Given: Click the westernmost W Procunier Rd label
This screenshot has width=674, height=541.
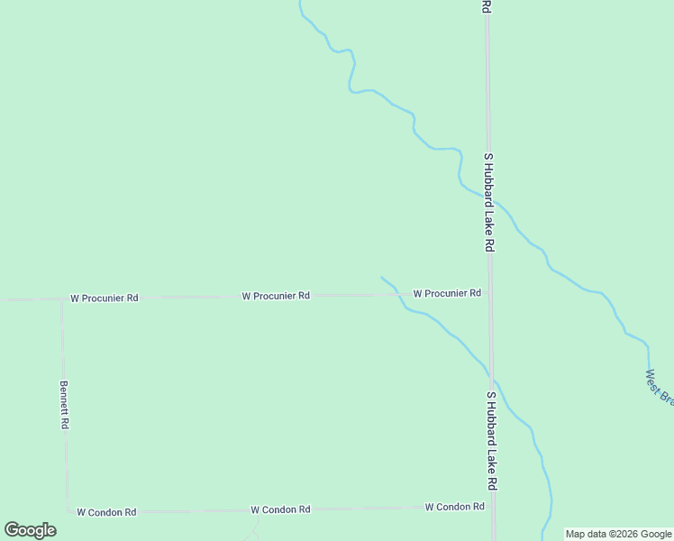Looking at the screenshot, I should click(x=105, y=298).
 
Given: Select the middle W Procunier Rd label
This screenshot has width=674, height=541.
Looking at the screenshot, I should click(x=276, y=296).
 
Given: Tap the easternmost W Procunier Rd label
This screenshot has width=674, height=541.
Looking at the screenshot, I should click(x=447, y=293).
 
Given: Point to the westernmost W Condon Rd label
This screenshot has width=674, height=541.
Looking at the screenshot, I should click(x=106, y=512).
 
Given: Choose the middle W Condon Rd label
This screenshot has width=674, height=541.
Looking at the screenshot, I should click(x=280, y=509).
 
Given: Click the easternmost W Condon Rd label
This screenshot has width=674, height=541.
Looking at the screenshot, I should click(x=455, y=507).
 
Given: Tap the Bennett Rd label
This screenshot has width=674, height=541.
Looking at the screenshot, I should click(x=65, y=404).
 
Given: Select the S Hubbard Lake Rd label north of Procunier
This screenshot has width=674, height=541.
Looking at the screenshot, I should click(x=488, y=202).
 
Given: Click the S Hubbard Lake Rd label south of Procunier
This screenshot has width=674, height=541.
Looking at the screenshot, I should click(x=491, y=440).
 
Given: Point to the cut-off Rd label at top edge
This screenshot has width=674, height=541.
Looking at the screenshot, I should click(x=486, y=6).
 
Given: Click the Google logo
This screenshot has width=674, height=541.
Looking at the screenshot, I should click(x=30, y=530).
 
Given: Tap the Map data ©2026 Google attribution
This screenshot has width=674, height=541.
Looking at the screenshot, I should click(x=619, y=534).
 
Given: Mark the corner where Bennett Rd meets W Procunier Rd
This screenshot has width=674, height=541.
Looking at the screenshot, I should click(x=62, y=299).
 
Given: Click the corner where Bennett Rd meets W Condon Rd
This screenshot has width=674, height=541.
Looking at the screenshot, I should click(x=68, y=512).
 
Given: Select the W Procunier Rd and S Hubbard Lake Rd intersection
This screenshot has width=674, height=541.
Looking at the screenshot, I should click(x=489, y=293).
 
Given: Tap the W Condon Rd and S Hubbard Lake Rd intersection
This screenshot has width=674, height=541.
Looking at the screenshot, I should click(x=493, y=507).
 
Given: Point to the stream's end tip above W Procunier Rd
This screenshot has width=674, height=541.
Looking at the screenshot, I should click(x=382, y=278).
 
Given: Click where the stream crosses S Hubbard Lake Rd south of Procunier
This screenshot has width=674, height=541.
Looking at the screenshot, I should click(x=491, y=374).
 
